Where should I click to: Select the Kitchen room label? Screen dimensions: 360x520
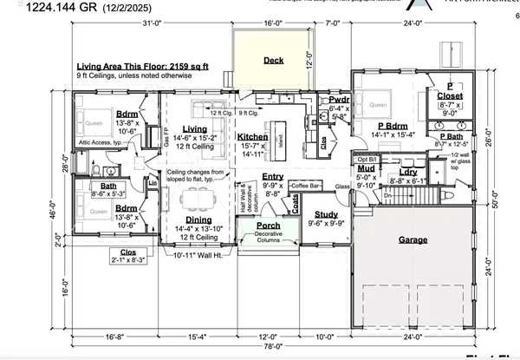point(252,137)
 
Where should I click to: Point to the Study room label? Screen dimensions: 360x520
point(326,213)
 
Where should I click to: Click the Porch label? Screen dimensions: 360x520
point(267,226)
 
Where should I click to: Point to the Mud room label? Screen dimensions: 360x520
point(367,171)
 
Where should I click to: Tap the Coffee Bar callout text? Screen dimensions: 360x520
point(306,186)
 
